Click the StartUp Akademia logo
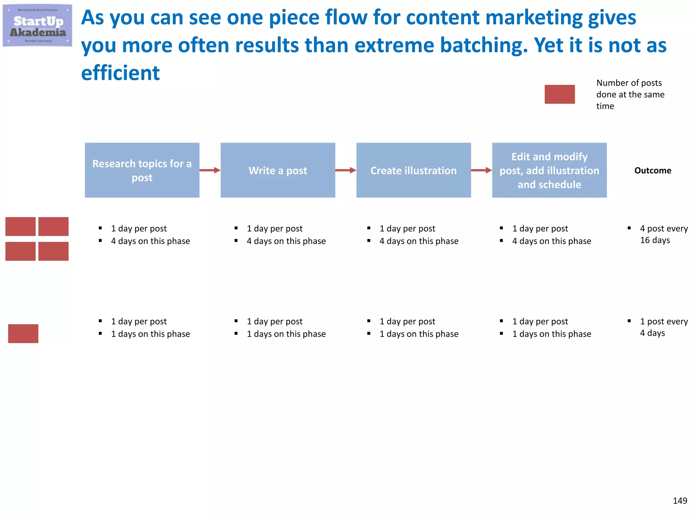point(37,25)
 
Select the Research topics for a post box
point(142,170)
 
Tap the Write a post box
point(278,170)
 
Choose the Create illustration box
point(414,170)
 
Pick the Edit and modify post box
point(549,170)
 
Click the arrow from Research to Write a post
point(210,170)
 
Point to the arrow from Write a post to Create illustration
point(346,170)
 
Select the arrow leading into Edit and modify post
point(481,170)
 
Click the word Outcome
point(652,170)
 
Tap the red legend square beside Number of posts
point(559,94)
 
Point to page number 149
point(680,501)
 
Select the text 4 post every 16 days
point(663,234)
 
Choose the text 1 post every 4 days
point(663,327)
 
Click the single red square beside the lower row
point(23,333)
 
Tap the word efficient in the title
point(120,73)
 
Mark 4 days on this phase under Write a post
point(286,241)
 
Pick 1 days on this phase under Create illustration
point(419,334)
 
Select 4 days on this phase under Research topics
point(150,241)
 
